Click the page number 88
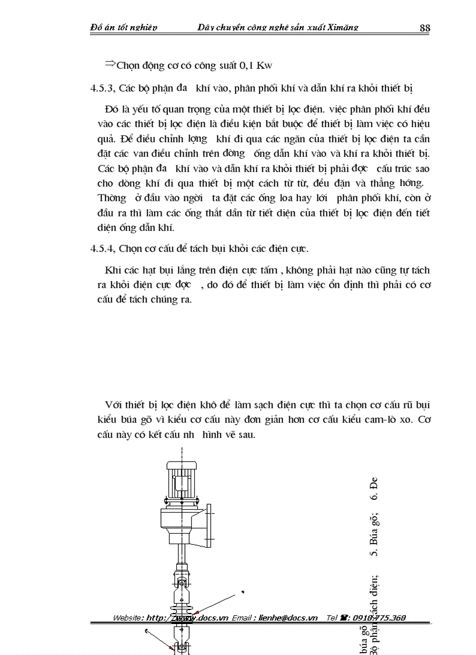(425, 28)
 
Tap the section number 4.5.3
(103, 88)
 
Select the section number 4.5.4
(103, 248)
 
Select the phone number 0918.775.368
(377, 618)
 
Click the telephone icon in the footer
(344, 618)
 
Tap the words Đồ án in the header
(104, 27)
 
